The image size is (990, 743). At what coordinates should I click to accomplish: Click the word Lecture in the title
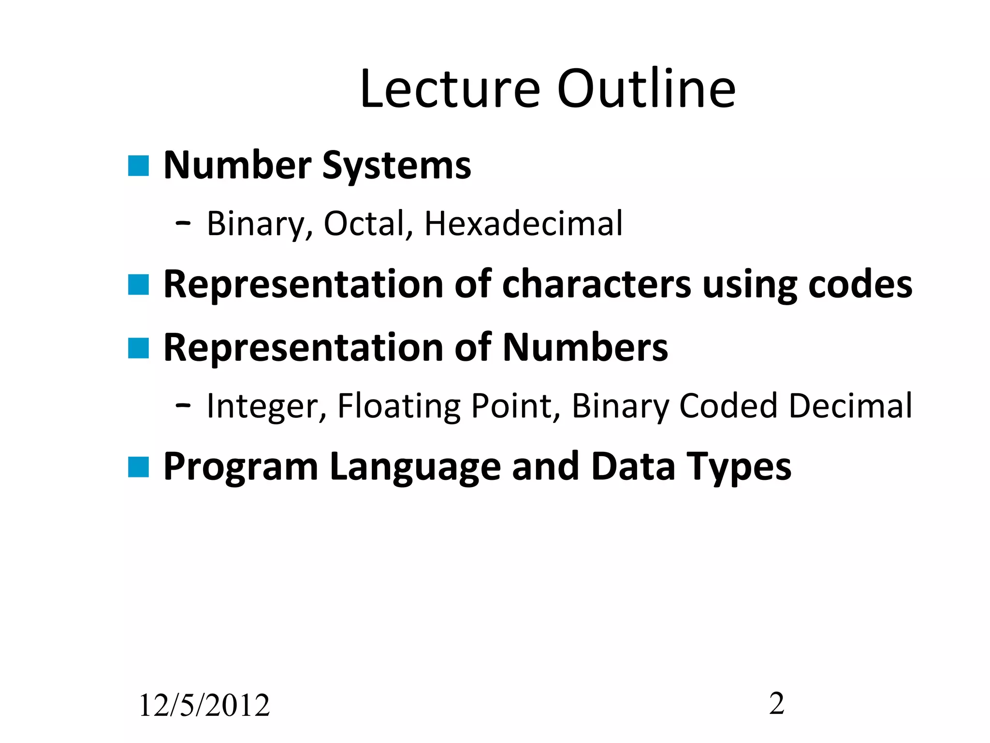pos(450,89)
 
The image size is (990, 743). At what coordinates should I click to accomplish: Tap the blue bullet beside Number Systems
pos(138,166)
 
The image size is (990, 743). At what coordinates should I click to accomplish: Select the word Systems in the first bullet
pos(396,166)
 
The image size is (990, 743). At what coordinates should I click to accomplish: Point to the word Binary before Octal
pos(256,224)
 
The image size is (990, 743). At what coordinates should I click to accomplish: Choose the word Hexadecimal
pos(524,224)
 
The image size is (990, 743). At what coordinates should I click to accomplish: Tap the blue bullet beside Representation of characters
pos(138,284)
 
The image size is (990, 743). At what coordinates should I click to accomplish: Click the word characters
pos(597,284)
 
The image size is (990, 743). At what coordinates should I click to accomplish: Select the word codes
pos(860,284)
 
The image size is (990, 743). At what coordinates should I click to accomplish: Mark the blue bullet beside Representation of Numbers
pos(138,348)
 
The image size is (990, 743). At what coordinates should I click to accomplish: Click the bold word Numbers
pos(585,348)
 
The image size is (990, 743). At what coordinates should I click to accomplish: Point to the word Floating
pos(398,406)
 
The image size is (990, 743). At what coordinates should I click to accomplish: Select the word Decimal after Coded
pos(850,406)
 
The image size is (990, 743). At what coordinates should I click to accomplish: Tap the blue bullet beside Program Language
pos(138,467)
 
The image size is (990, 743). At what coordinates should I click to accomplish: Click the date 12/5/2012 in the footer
pos(204,705)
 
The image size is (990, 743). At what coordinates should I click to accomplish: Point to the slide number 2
pos(777,703)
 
